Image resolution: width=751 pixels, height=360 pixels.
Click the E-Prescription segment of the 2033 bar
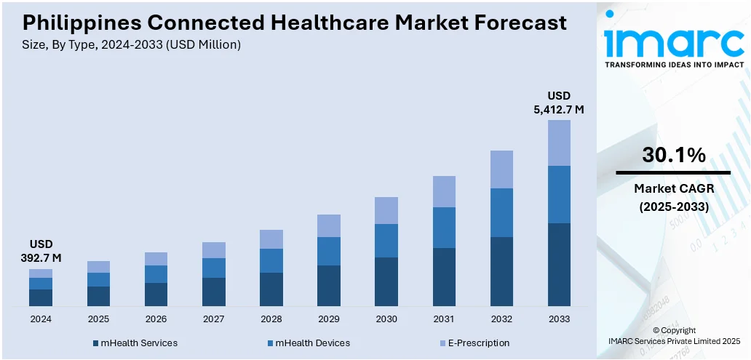559,143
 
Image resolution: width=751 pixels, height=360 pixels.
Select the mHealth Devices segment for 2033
559,194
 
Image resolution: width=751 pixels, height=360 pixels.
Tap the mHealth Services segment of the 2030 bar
386,281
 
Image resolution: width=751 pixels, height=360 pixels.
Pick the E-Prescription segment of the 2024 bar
41,273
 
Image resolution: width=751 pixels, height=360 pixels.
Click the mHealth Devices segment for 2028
271,260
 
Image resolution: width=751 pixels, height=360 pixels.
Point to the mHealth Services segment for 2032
501,271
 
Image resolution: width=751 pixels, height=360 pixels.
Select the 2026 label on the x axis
156,319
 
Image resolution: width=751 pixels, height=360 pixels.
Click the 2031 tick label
444,319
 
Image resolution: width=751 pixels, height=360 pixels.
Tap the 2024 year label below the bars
41,319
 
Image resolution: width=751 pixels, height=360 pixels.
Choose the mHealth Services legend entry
135,343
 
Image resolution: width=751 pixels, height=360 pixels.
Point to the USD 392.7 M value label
41,251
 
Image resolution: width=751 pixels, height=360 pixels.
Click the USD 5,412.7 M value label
559,103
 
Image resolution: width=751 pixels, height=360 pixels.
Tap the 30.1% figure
673,155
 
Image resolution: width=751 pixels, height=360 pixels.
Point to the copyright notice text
673,335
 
